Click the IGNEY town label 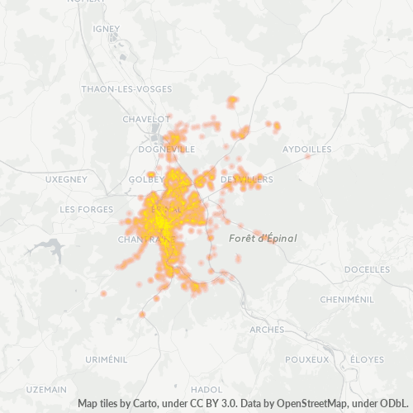pyautogui.click(x=107, y=28)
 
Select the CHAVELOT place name pyautogui.click(x=145, y=119)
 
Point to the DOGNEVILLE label pyautogui.click(x=167, y=150)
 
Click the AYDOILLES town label pyautogui.click(x=307, y=150)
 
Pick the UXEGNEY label pyautogui.click(x=66, y=179)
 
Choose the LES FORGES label pyautogui.click(x=86, y=210)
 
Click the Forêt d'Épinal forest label pyautogui.click(x=261, y=238)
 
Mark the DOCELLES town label pyautogui.click(x=367, y=269)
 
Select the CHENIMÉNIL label pyautogui.click(x=349, y=299)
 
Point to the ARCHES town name pyautogui.click(x=266, y=330)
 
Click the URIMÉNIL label pyautogui.click(x=107, y=360)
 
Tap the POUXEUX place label pyautogui.click(x=306, y=360)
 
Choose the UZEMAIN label pyautogui.click(x=47, y=389)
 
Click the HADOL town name pyautogui.click(x=206, y=389)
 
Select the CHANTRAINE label pyautogui.click(x=139, y=240)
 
